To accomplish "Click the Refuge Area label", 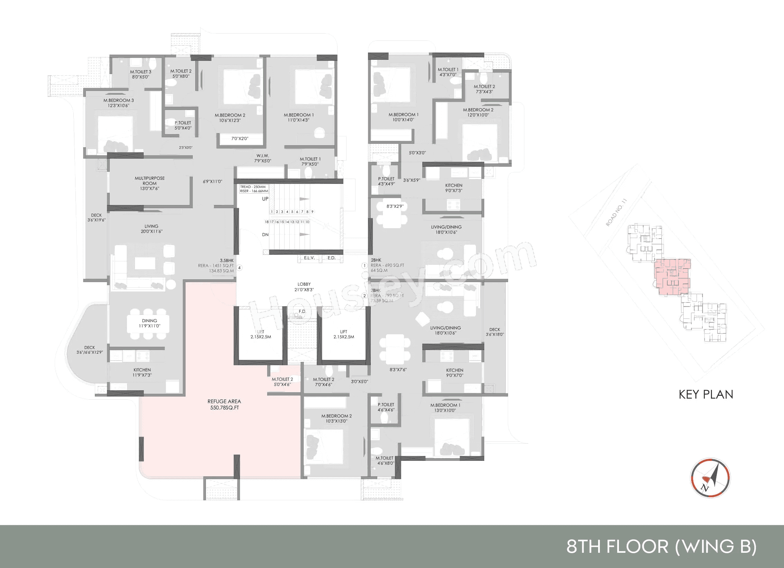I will pyautogui.click(x=224, y=404).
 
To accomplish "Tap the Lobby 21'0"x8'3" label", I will pyautogui.click(x=304, y=287).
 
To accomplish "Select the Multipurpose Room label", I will pyautogui.click(x=150, y=183).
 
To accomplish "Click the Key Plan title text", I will pyautogui.click(x=706, y=394).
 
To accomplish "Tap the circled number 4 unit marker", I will pyautogui.click(x=239, y=268).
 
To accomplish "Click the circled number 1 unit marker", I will pyautogui.click(x=364, y=266).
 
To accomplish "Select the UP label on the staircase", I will pyautogui.click(x=265, y=199).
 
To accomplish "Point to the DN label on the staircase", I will pyautogui.click(x=265, y=235).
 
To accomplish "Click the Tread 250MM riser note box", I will pyautogui.click(x=254, y=189).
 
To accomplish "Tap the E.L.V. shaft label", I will pyautogui.click(x=309, y=258).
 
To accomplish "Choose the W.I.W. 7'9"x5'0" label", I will pyautogui.click(x=263, y=158).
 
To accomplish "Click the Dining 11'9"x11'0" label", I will pyautogui.click(x=150, y=323).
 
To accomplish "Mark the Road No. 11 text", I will pyautogui.click(x=616, y=212).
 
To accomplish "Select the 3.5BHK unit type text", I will pyautogui.click(x=227, y=260).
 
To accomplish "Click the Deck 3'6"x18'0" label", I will pyautogui.click(x=495, y=332).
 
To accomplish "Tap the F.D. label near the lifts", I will pyautogui.click(x=303, y=311).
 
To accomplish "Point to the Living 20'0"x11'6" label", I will pyautogui.click(x=151, y=229).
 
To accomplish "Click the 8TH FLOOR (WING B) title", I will pyautogui.click(x=661, y=547).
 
